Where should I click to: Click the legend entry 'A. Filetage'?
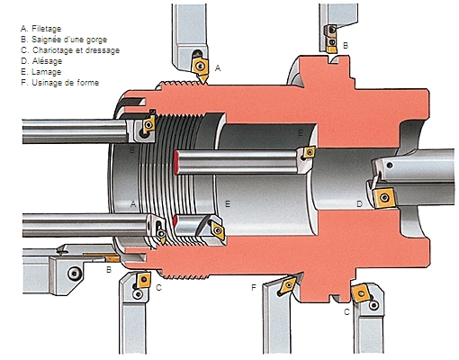40,29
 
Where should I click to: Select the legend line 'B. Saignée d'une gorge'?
64,40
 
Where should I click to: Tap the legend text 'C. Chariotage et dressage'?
70,50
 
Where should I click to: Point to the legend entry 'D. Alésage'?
41,61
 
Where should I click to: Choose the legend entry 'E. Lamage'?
40,72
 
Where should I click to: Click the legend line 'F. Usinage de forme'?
59,83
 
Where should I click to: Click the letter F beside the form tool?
254,288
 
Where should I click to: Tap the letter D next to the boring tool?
359,204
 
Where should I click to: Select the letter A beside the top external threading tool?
218,68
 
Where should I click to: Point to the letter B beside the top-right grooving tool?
346,46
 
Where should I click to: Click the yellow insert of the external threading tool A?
201,68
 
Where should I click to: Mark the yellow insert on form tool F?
287,284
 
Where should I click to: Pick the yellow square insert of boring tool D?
383,198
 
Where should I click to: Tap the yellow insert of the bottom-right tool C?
361,293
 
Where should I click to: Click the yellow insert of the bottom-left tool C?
143,280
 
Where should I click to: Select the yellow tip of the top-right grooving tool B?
331,49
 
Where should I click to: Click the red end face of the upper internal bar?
175,162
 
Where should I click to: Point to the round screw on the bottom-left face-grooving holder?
74,274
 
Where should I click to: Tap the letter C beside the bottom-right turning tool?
346,312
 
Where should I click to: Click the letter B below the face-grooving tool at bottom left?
109,270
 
